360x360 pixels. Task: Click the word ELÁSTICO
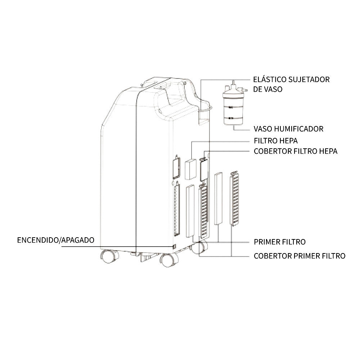pyautogui.click(x=269, y=79)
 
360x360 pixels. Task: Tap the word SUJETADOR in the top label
pyautogui.click(x=309, y=80)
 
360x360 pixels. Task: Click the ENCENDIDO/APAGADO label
pyautogui.click(x=56, y=240)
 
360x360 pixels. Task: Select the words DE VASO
pyautogui.click(x=268, y=89)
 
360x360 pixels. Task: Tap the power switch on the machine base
pyautogui.click(x=174, y=247)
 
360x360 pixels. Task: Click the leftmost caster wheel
pyautogui.click(x=109, y=256)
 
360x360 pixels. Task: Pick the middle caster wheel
pyautogui.click(x=169, y=260)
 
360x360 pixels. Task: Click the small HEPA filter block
pyautogui.click(x=190, y=169)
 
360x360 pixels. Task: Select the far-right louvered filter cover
pyautogui.click(x=234, y=199)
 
